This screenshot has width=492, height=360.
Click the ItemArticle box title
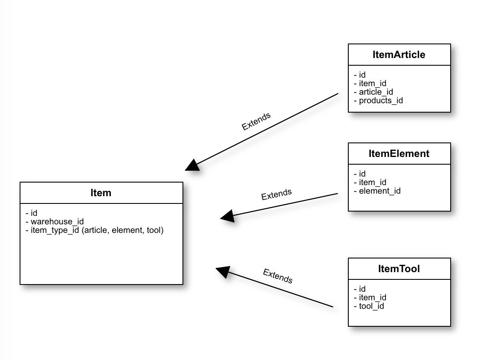coord(399,55)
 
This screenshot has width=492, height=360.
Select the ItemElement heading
coord(399,154)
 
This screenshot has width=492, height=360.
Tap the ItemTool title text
coord(399,269)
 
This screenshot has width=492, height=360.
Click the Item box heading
coord(101,193)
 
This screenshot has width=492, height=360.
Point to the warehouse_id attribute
coord(55,221)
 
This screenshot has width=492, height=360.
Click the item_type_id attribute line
coord(95,230)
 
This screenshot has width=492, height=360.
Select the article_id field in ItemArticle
coord(373,92)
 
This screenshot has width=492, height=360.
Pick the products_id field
coord(378,100)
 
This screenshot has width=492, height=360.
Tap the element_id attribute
coord(377,191)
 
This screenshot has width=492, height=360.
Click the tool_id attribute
coord(369,306)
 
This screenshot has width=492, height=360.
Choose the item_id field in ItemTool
coord(370,298)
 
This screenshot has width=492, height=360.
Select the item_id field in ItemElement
coord(370,183)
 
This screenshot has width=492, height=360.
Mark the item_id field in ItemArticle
coord(370,84)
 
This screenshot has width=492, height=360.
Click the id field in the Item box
coord(32,213)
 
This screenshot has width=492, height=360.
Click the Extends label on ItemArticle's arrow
coord(256,121)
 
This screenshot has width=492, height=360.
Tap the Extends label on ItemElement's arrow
coord(276,194)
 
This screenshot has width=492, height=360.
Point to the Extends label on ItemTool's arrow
coord(278,276)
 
